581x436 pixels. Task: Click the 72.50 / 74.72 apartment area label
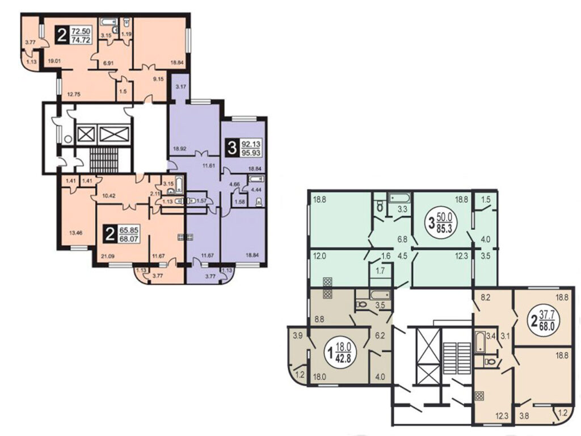pyautogui.click(x=73, y=35)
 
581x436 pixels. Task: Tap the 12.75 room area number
pyautogui.click(x=74, y=94)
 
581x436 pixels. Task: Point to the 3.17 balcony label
pyautogui.click(x=181, y=87)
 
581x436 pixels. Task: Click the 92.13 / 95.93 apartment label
pyautogui.click(x=243, y=148)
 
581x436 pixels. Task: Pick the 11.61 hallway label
pyautogui.click(x=209, y=166)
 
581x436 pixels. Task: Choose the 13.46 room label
pyautogui.click(x=76, y=233)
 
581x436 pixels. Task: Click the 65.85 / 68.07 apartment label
pyautogui.click(x=121, y=234)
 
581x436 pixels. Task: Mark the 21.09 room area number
pyautogui.click(x=108, y=255)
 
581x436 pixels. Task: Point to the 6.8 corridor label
pyautogui.click(x=402, y=240)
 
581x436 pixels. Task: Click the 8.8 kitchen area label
pyautogui.click(x=319, y=318)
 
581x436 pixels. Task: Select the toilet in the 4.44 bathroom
pyautogui.click(x=259, y=202)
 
